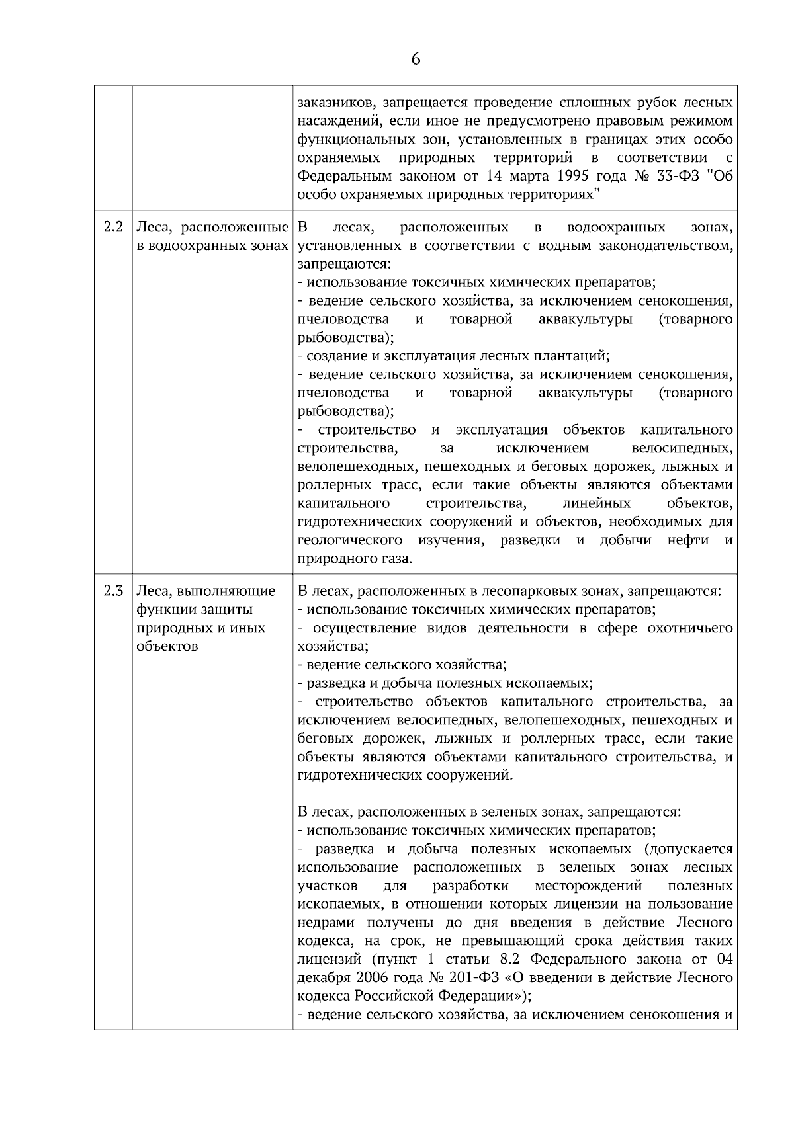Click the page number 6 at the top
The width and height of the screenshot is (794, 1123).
coord(416,60)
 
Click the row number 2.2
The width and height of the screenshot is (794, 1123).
coord(113,228)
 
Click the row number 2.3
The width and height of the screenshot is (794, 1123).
coord(113,591)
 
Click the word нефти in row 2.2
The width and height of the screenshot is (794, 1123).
coord(688,540)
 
